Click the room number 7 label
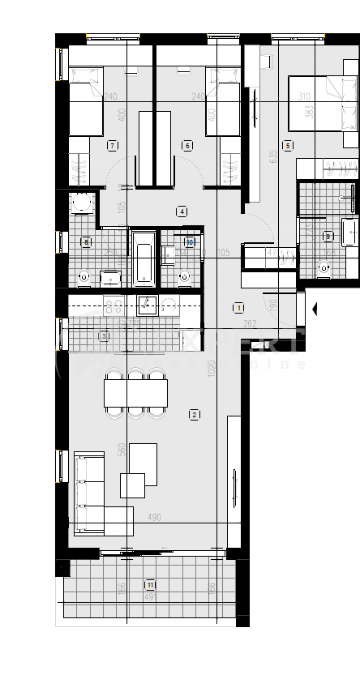click(112, 146)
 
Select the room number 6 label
click(187, 146)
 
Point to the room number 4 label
click(182, 211)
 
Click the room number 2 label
click(194, 415)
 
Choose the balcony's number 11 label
click(150, 584)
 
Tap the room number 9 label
click(328, 237)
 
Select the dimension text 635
click(275, 152)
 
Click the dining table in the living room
click(136, 394)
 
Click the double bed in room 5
click(321, 102)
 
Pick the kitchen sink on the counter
click(148, 305)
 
